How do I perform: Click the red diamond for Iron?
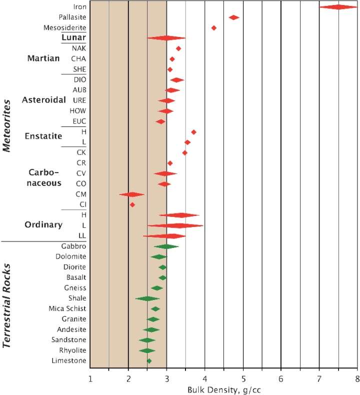point(338,7)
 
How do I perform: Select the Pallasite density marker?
point(233,17)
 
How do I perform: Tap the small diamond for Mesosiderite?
point(214,28)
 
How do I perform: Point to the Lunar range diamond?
point(166,38)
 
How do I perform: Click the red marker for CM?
point(131,194)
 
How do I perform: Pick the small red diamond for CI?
point(132,204)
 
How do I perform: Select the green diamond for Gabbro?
point(166,246)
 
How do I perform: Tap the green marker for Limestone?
point(149,360)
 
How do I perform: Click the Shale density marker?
point(147,298)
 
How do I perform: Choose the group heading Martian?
point(43,58)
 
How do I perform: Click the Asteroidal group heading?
point(44,100)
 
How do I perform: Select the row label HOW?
point(79,110)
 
